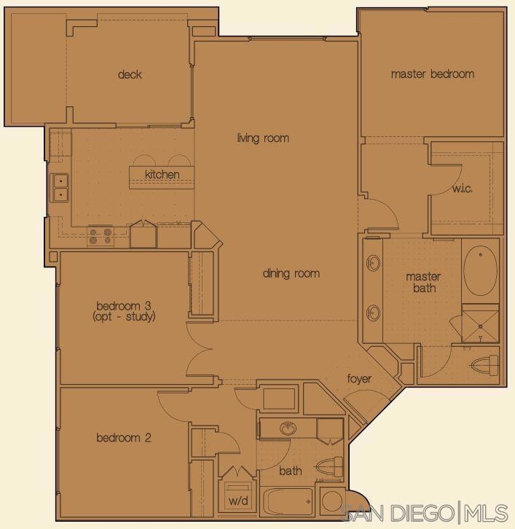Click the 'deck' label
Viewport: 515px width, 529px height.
130,74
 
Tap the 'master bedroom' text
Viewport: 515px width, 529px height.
433,74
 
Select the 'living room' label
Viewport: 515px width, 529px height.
263,138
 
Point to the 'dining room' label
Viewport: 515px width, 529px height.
291,273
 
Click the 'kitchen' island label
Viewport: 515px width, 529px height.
162,174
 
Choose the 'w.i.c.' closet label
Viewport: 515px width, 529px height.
462,188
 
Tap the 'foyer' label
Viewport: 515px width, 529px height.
359,379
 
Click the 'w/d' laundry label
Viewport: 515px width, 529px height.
238,501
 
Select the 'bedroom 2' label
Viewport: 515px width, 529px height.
124,438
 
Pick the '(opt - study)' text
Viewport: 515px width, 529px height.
124,317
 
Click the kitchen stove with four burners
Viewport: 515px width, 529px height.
101,236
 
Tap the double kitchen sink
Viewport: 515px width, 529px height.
60,187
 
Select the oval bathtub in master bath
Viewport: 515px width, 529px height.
480,271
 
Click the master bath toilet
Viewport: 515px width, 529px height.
485,365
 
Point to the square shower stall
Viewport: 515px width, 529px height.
480,326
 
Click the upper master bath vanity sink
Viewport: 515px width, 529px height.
374,263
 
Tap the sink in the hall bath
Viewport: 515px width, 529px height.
288,428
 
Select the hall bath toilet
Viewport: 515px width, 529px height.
330,467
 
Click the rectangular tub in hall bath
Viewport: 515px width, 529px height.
287,501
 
